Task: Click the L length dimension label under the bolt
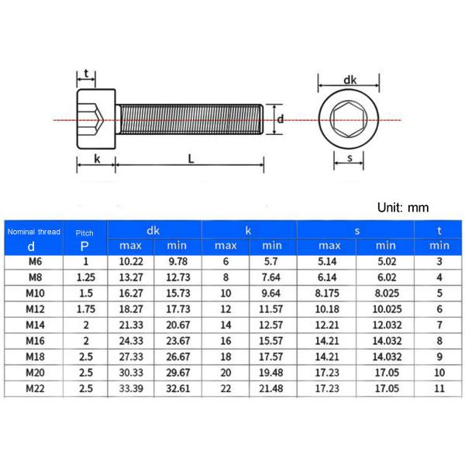tap(190, 158)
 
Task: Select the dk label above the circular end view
tap(350, 79)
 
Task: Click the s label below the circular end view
tap(350, 158)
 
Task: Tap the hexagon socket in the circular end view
tap(350, 120)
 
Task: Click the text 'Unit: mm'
tap(402, 208)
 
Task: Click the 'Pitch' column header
tap(84, 231)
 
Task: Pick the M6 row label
tap(32, 263)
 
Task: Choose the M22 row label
tap(32, 388)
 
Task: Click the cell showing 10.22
tap(132, 263)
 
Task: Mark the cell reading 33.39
tap(132, 388)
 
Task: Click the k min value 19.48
tap(273, 373)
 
